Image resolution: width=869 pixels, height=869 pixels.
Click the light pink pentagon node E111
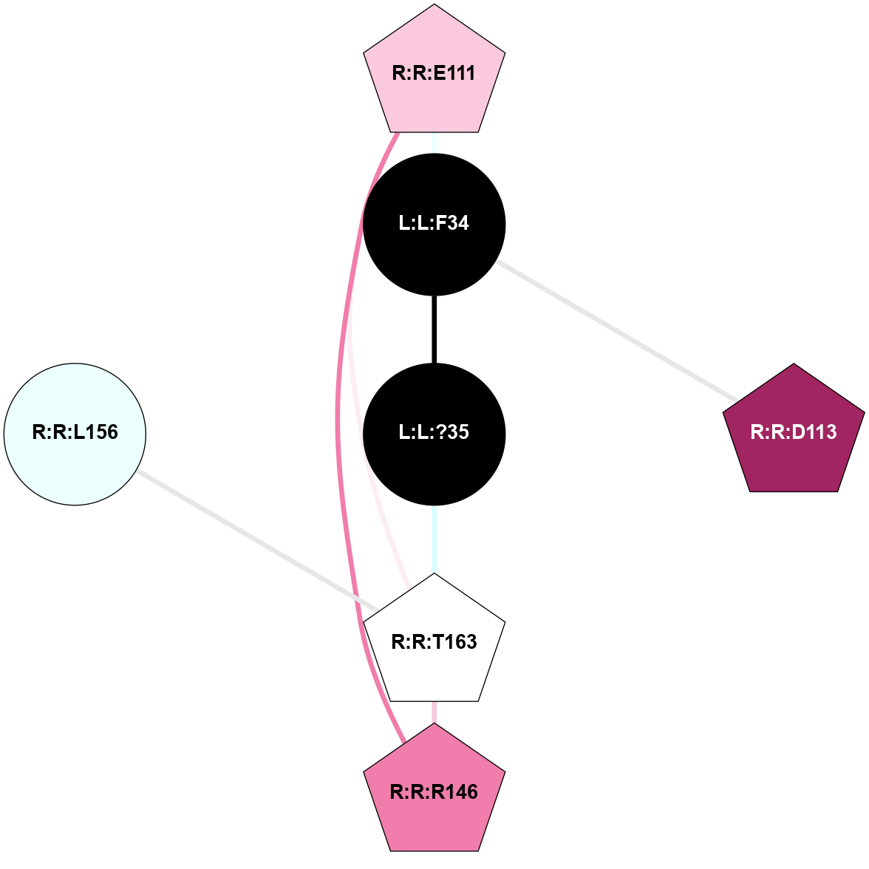click(x=434, y=72)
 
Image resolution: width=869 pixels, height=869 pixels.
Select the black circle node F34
click(x=434, y=225)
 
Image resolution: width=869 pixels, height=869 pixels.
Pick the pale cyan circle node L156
click(x=75, y=434)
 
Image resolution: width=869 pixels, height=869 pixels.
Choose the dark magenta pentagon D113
click(x=794, y=432)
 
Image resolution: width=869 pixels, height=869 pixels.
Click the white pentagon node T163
click(x=434, y=641)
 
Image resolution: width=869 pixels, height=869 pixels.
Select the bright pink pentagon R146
click(x=434, y=791)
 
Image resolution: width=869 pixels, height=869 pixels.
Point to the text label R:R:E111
click(x=434, y=73)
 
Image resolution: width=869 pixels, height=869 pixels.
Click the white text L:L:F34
click(x=434, y=223)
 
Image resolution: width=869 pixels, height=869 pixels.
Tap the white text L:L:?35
click(x=434, y=432)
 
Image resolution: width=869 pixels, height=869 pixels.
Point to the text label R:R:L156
click(x=75, y=432)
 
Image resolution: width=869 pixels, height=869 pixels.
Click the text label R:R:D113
click(x=794, y=432)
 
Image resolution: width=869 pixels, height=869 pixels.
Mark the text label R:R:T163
click(x=434, y=641)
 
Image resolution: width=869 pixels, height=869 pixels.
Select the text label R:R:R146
click(x=434, y=792)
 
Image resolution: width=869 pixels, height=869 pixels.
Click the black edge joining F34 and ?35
click(x=434, y=330)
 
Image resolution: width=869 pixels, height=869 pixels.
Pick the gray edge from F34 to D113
click(x=616, y=330)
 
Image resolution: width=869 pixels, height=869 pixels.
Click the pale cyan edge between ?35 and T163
click(x=434, y=539)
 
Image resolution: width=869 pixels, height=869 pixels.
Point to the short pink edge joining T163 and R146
click(x=434, y=712)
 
